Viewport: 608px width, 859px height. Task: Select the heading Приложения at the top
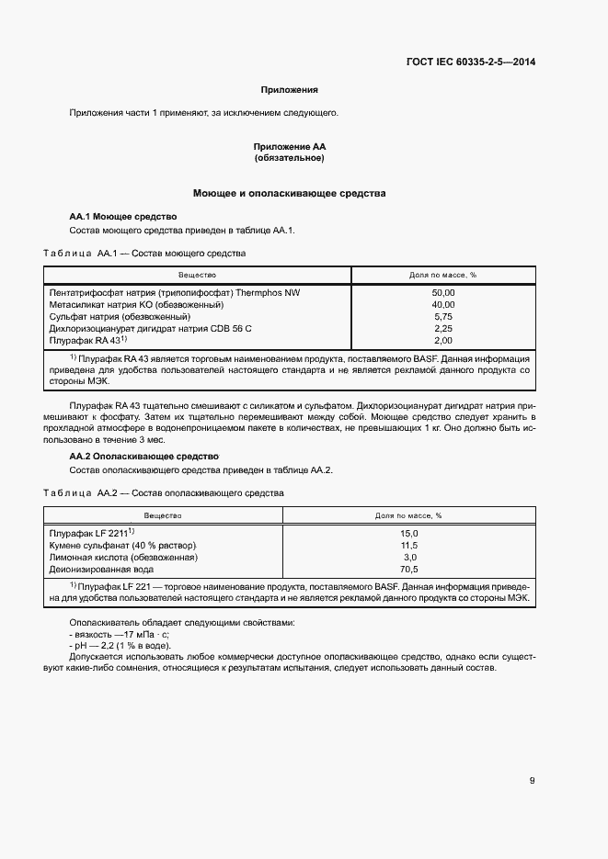coord(289,90)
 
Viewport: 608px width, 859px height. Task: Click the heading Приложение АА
coord(289,147)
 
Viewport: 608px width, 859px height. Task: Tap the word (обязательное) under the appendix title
coord(289,158)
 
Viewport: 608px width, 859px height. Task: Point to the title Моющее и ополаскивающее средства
coord(289,194)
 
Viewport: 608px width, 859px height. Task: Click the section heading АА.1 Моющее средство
coord(122,216)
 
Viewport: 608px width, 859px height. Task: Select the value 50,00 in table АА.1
coord(442,292)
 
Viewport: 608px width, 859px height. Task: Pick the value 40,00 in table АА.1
coord(442,304)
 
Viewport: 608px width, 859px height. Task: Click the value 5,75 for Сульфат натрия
coord(442,316)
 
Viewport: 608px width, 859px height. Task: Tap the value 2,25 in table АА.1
coord(442,328)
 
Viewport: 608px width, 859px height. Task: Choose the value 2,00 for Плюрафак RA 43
coord(442,340)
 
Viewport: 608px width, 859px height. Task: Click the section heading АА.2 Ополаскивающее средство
coord(143,457)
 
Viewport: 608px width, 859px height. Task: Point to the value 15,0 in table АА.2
coord(409,534)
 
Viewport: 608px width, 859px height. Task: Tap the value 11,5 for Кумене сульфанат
coord(409,546)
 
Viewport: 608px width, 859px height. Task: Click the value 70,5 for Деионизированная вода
coord(409,570)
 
